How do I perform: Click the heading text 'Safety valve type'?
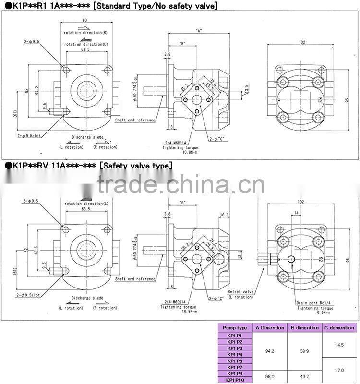pyautogui.click(x=136, y=166)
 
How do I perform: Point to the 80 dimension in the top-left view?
pyautogui.click(x=84, y=20)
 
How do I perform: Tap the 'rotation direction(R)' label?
pyautogui.click(x=86, y=32)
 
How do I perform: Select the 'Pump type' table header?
pyautogui.click(x=235, y=328)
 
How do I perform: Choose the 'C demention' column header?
pyautogui.click(x=339, y=328)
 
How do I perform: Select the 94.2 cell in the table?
pyautogui.click(x=270, y=351)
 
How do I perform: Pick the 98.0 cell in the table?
pyautogui.click(x=270, y=376)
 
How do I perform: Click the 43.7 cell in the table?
pyautogui.click(x=304, y=376)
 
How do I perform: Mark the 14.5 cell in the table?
pyautogui.click(x=339, y=345)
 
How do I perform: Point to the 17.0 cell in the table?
pyautogui.click(x=339, y=370)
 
